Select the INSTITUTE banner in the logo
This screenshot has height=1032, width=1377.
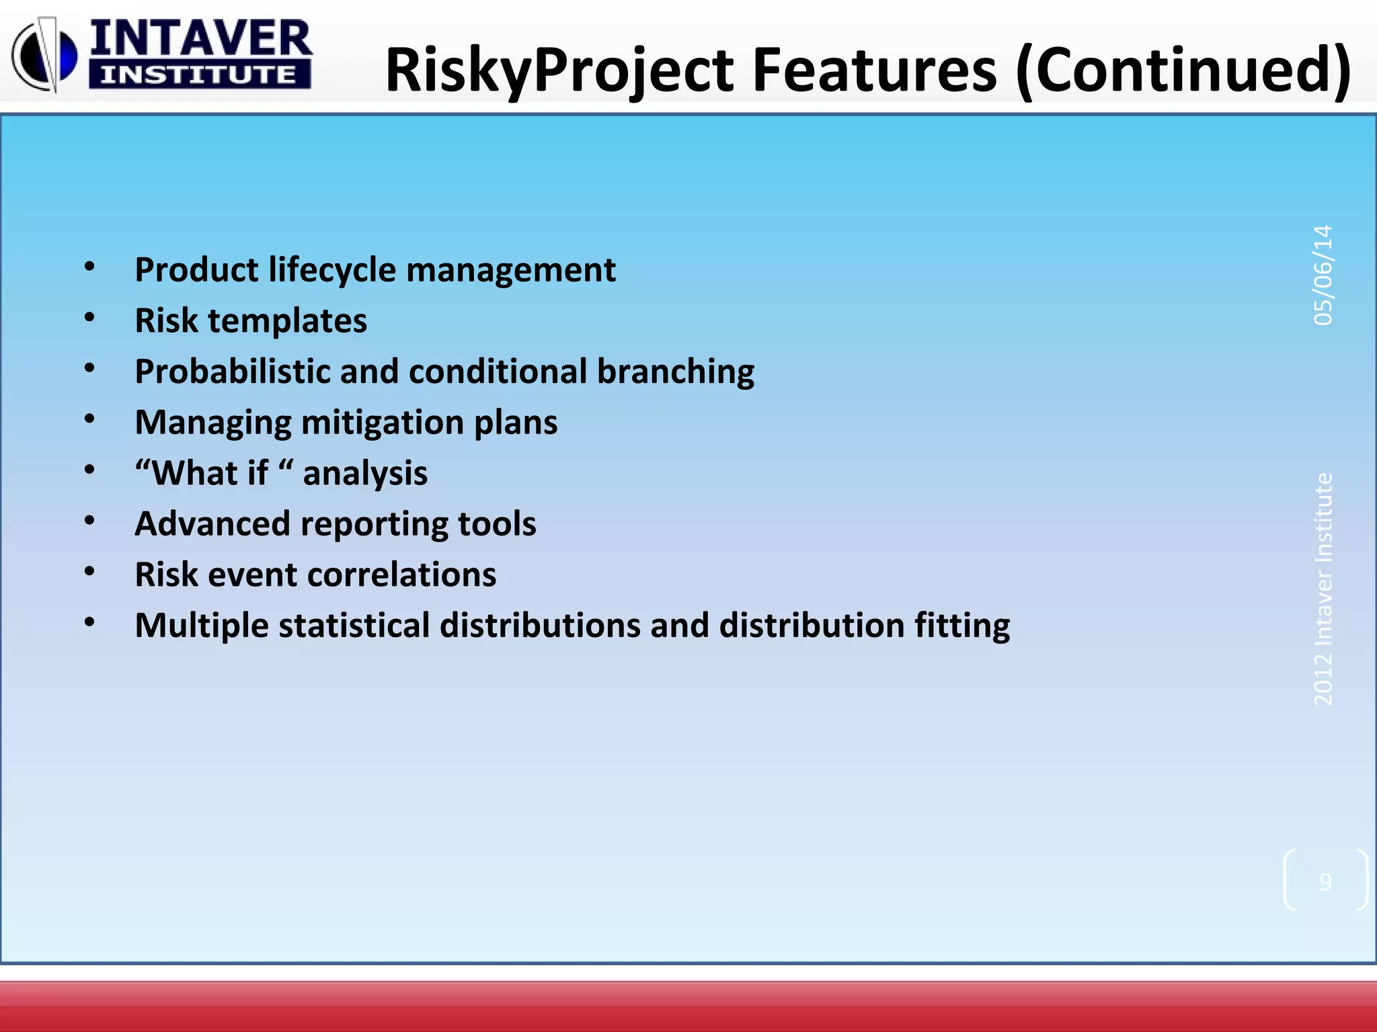199,75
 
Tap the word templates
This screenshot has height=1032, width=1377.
288,320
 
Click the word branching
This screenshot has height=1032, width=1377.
675,372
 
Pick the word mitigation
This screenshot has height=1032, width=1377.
383,423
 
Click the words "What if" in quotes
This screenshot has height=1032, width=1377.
208,473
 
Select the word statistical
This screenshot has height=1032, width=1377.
354,626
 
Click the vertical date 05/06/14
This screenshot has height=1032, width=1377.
1323,275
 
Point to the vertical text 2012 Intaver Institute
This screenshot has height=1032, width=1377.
1323,589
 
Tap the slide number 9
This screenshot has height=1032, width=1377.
1325,881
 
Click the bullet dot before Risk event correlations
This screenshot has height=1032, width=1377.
89,572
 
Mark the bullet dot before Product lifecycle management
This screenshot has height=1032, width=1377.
89,267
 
